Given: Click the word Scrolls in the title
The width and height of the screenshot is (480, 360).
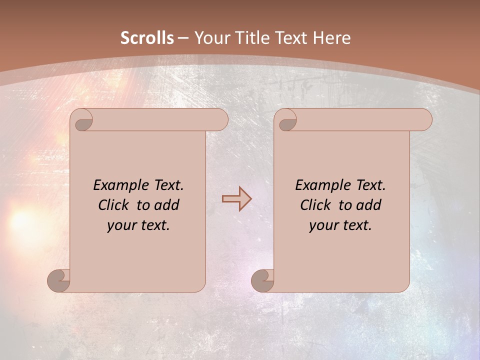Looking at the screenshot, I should (x=147, y=38).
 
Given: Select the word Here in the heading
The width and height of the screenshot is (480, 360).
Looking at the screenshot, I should (x=331, y=38).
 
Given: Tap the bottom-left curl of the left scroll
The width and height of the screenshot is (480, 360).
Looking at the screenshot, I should (x=59, y=280).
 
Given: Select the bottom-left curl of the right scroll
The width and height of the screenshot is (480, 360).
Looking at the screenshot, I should (x=262, y=280).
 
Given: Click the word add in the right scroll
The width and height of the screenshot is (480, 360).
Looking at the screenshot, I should (x=369, y=205).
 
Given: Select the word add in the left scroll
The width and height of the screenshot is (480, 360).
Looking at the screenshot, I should (x=167, y=205).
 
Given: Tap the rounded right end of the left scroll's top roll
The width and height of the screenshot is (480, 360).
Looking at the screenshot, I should (x=220, y=120).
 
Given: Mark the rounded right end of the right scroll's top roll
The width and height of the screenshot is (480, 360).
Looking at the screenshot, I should (x=424, y=120).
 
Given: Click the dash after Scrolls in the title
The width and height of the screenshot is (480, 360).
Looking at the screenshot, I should (x=183, y=38).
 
